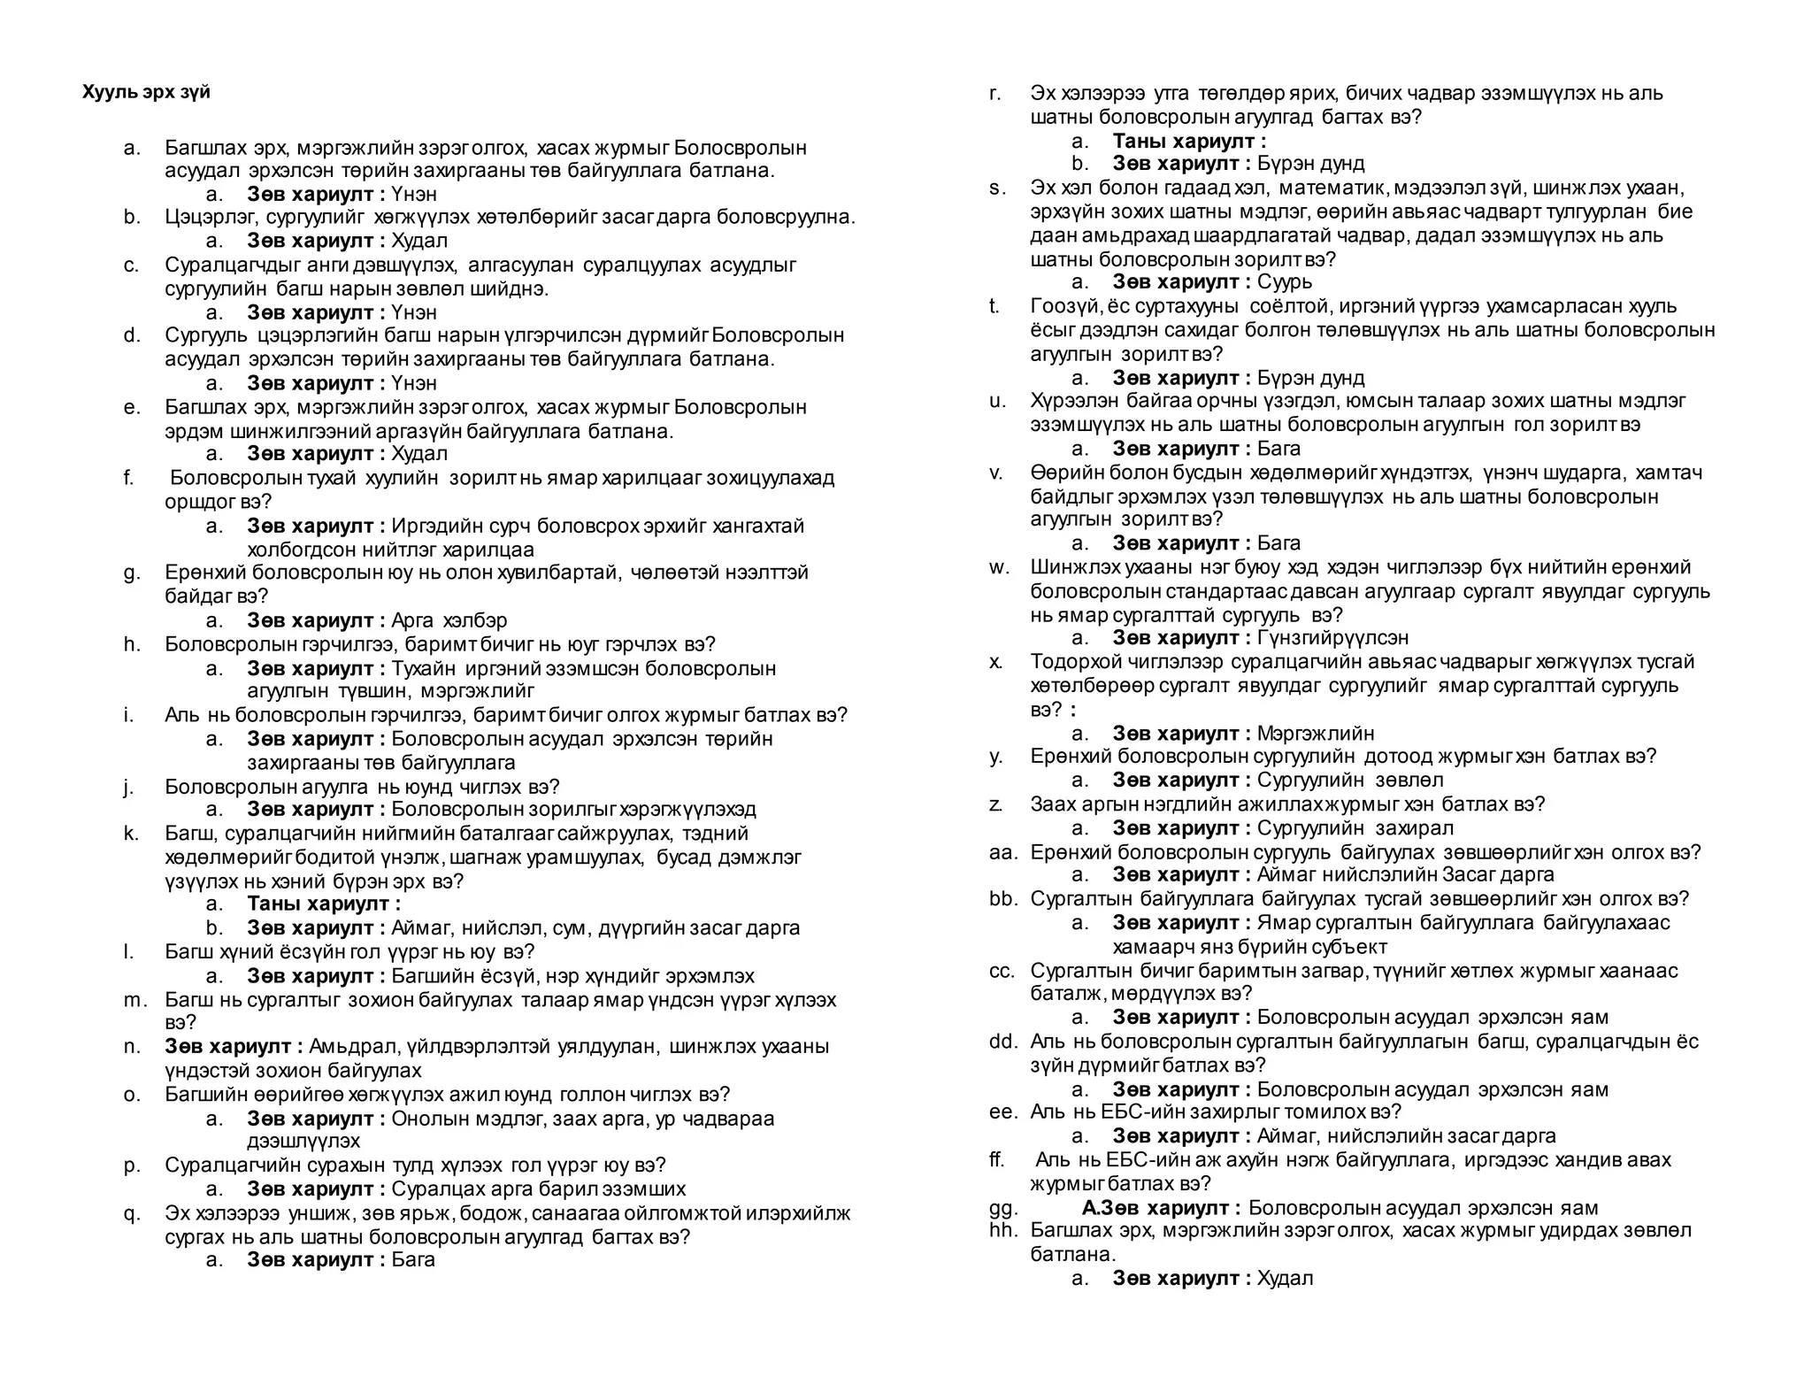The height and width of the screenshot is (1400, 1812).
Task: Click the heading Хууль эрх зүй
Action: pyautogui.click(x=146, y=92)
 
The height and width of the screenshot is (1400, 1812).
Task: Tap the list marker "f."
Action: pyautogui.click(x=129, y=479)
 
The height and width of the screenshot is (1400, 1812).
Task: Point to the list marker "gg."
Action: pyautogui.click(x=1004, y=1208)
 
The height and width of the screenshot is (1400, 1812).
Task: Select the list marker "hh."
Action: pyautogui.click(x=1003, y=1231)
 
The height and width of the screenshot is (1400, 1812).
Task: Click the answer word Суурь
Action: pyautogui.click(x=1285, y=282)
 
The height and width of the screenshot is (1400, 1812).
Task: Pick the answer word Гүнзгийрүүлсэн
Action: pyautogui.click(x=1332, y=638)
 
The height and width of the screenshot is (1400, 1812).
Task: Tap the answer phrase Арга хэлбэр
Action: pyautogui.click(x=449, y=620)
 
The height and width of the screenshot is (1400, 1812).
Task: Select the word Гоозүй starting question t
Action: pyautogui.click(x=1065, y=306)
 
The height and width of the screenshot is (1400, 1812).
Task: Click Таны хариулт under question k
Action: pyautogui.click(x=324, y=904)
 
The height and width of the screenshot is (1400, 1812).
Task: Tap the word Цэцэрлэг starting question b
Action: pyautogui.click(x=207, y=217)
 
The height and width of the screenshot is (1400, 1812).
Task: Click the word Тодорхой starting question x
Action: pyautogui.click(x=1076, y=662)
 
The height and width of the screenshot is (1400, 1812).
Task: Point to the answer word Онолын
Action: pyautogui.click(x=423, y=1119)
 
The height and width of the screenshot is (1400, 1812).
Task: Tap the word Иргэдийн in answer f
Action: pyautogui.click(x=433, y=527)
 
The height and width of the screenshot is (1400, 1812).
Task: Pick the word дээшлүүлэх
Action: pyautogui.click(x=303, y=1142)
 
